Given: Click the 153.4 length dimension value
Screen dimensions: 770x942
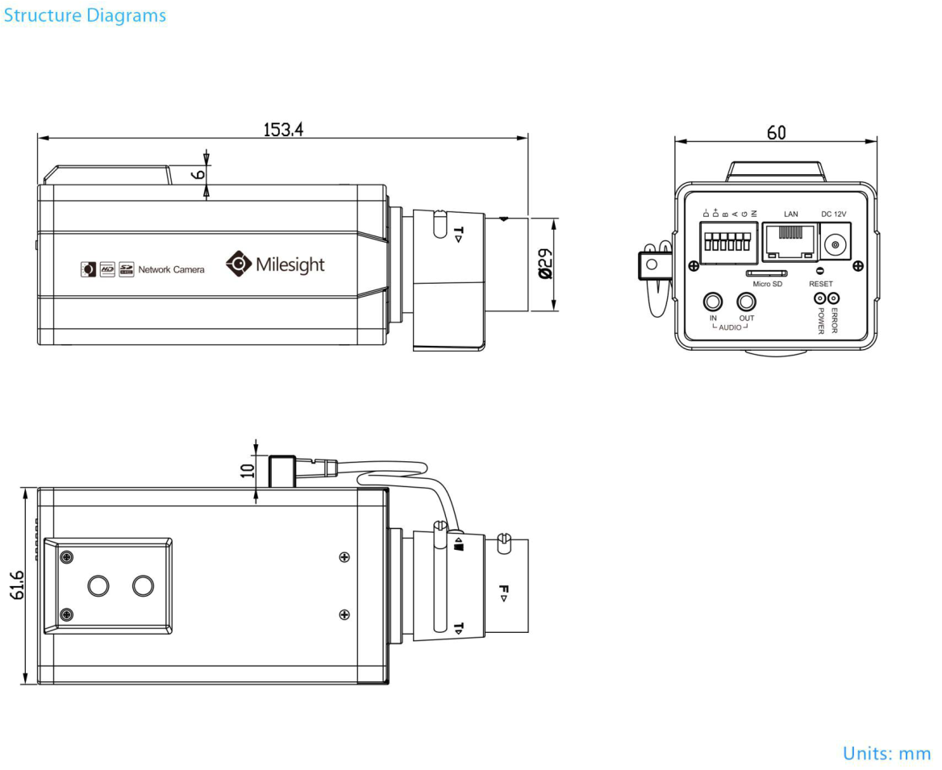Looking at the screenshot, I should click(x=283, y=129).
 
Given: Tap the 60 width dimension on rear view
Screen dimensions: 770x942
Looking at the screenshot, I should click(x=776, y=133).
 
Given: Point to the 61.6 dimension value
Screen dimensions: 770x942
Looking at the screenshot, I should click(x=17, y=585).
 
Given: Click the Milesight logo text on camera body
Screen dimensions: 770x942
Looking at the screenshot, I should click(x=290, y=264).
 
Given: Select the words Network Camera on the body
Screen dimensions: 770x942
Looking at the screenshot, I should click(x=171, y=269).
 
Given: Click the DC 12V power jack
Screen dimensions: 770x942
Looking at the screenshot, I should click(x=836, y=244).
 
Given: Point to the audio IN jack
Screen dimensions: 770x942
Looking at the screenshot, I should click(x=713, y=302).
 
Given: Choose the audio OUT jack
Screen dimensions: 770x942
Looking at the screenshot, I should click(x=747, y=302).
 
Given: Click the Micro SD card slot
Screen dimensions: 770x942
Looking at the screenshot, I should click(x=767, y=273).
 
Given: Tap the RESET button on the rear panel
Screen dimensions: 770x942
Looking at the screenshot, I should click(x=820, y=272).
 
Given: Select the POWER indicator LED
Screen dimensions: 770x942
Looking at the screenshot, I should click(x=821, y=298).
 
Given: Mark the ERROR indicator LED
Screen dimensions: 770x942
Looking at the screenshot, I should click(x=834, y=298).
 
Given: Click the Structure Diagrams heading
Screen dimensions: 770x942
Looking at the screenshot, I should click(x=85, y=15).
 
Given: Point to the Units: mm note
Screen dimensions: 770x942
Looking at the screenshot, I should click(x=886, y=753).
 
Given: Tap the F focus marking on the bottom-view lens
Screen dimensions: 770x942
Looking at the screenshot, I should click(x=503, y=593).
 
